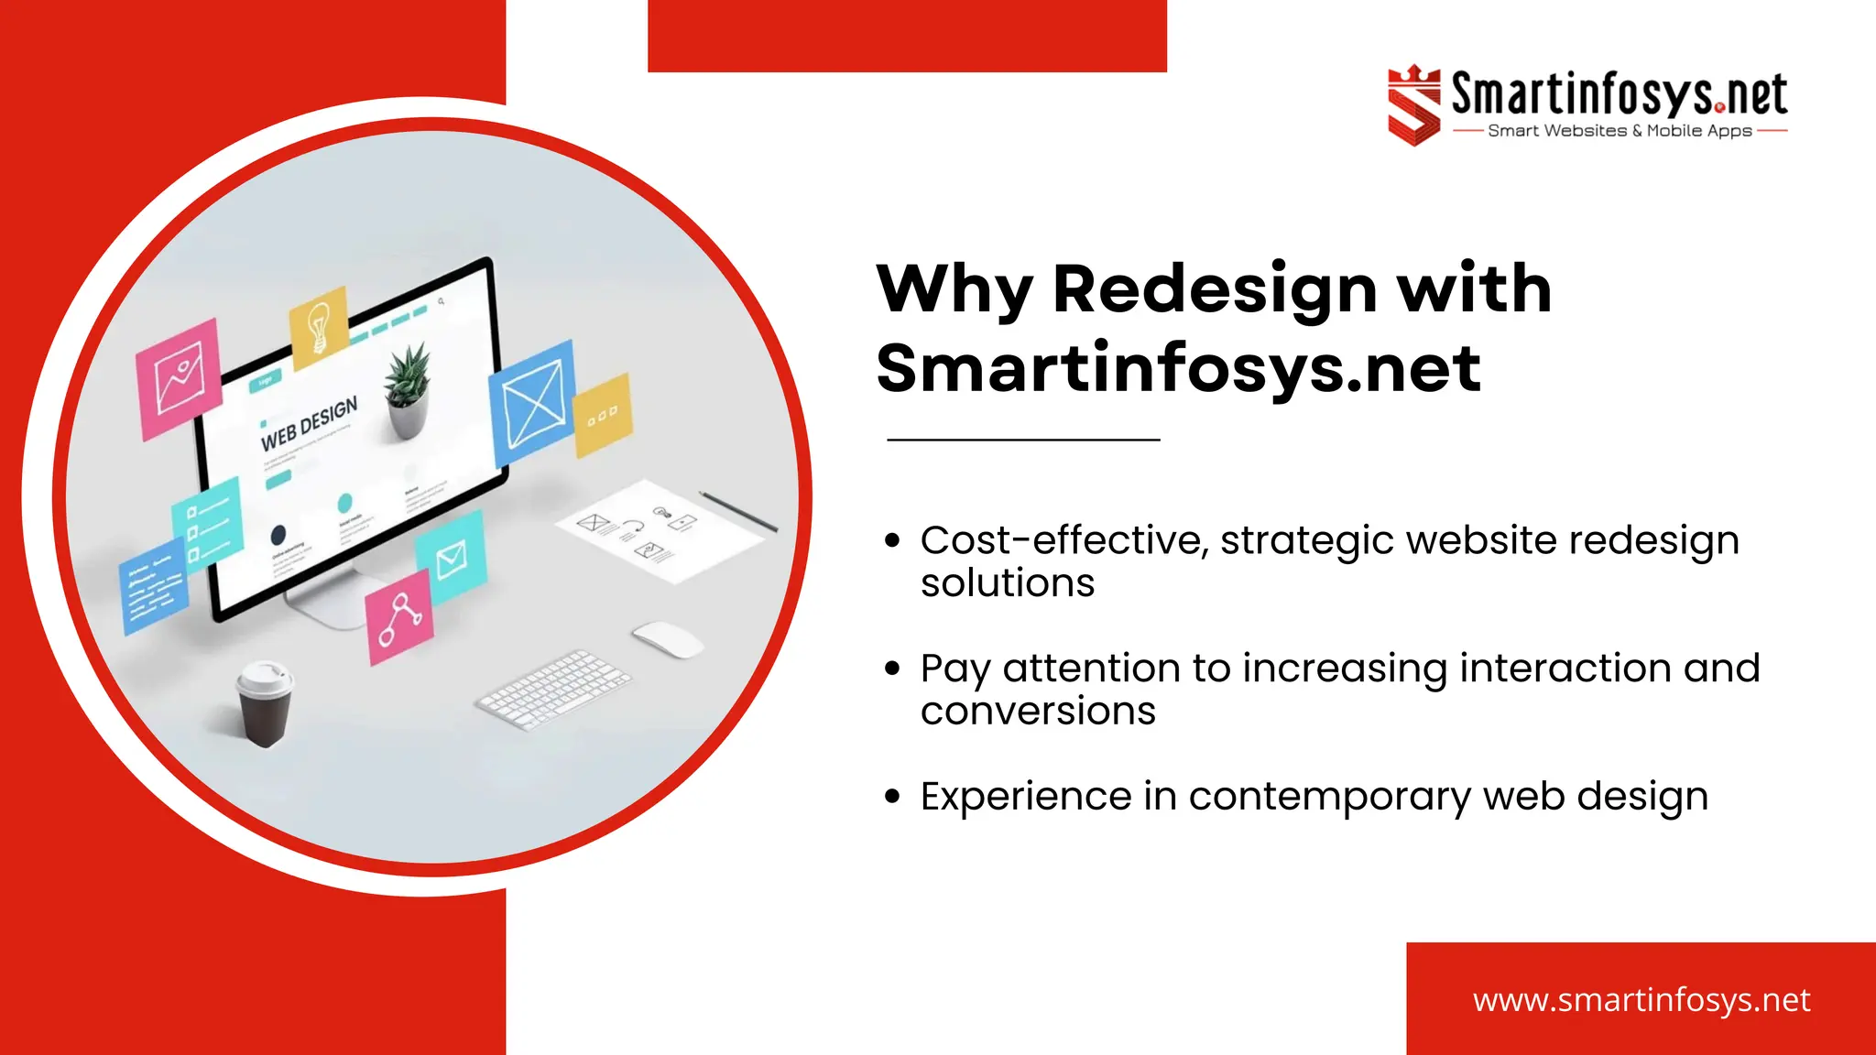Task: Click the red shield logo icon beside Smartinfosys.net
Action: tap(1413, 104)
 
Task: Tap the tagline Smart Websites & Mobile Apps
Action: tap(1620, 131)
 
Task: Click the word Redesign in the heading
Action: tap(1215, 289)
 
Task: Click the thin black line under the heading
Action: tap(1023, 440)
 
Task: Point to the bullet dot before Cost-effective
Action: tap(892, 540)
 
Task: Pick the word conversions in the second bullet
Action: tap(1038, 712)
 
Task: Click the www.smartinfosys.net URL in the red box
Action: tap(1641, 999)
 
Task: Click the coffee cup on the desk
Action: tap(265, 702)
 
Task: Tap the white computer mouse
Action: tap(667, 637)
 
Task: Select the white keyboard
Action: tap(553, 689)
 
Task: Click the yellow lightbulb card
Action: tap(319, 327)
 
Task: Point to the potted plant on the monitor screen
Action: tap(407, 389)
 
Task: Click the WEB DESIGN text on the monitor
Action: tap(309, 424)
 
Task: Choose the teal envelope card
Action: tap(450, 557)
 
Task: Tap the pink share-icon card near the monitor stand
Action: tap(398, 616)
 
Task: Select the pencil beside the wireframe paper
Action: tap(738, 511)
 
